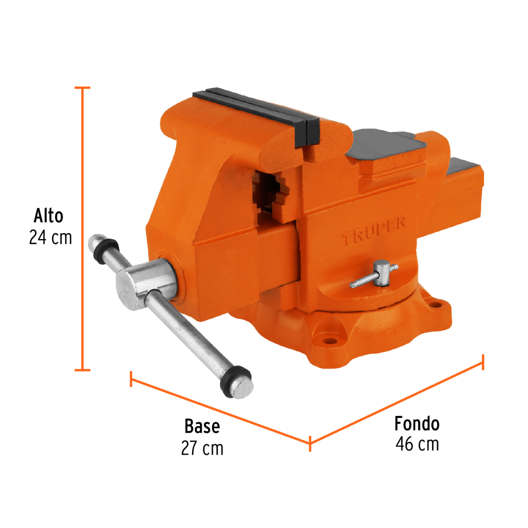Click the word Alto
click(x=48, y=216)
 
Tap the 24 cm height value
click(x=50, y=238)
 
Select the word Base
click(x=202, y=426)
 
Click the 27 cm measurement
click(x=202, y=448)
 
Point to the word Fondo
click(x=417, y=423)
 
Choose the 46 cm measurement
click(x=417, y=444)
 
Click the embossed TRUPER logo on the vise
click(x=374, y=232)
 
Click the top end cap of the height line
click(x=83, y=88)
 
